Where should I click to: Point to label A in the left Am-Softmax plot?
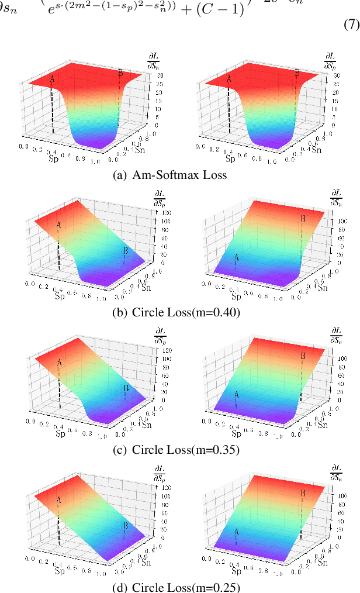[x=52, y=78]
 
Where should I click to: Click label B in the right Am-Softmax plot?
[x=296, y=73]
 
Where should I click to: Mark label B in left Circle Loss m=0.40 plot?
[x=125, y=251]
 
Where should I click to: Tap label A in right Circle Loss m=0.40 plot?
[x=236, y=257]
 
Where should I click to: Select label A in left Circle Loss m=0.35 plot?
[x=60, y=362]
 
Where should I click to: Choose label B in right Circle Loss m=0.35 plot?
[x=302, y=356]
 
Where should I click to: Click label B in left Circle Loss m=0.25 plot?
[x=125, y=526]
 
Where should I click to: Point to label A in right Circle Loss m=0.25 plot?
[x=236, y=532]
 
